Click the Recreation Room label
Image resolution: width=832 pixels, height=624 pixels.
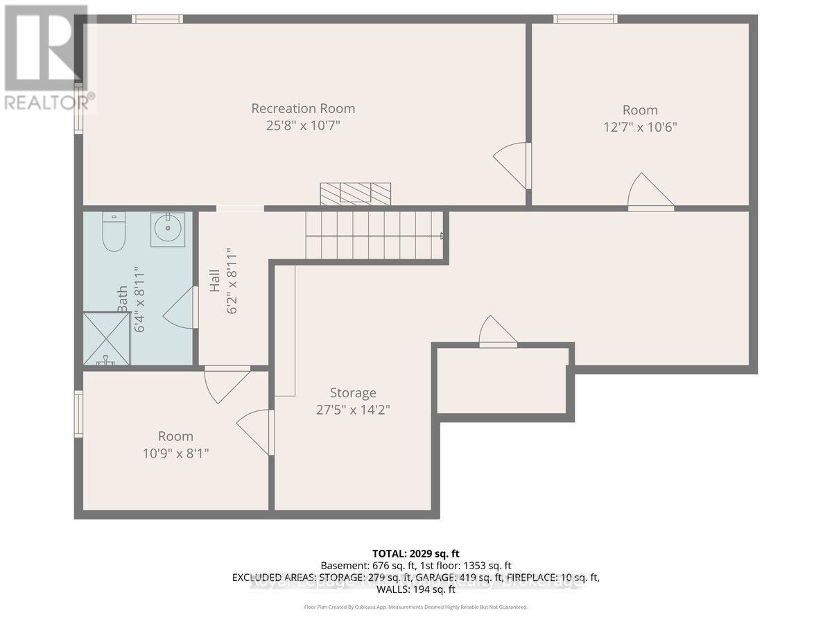tap(303, 108)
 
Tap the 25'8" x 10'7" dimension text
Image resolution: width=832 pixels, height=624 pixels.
tap(303, 126)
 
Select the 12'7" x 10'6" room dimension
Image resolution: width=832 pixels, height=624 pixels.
tap(640, 128)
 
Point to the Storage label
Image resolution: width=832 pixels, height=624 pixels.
tap(353, 392)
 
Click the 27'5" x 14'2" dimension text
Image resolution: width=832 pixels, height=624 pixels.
tap(353, 410)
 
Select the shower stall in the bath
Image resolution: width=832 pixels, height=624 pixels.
tap(106, 338)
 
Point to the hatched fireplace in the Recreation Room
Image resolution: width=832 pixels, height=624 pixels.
tap(355, 193)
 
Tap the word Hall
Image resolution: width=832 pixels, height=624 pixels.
tap(215, 281)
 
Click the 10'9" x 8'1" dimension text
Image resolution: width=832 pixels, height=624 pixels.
tap(175, 453)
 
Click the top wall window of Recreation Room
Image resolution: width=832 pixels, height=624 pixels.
tap(157, 19)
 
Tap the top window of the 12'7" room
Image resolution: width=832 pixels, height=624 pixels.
tap(585, 19)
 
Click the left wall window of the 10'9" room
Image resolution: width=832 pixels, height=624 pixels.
tap(78, 414)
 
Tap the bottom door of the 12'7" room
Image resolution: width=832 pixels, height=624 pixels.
tap(649, 194)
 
